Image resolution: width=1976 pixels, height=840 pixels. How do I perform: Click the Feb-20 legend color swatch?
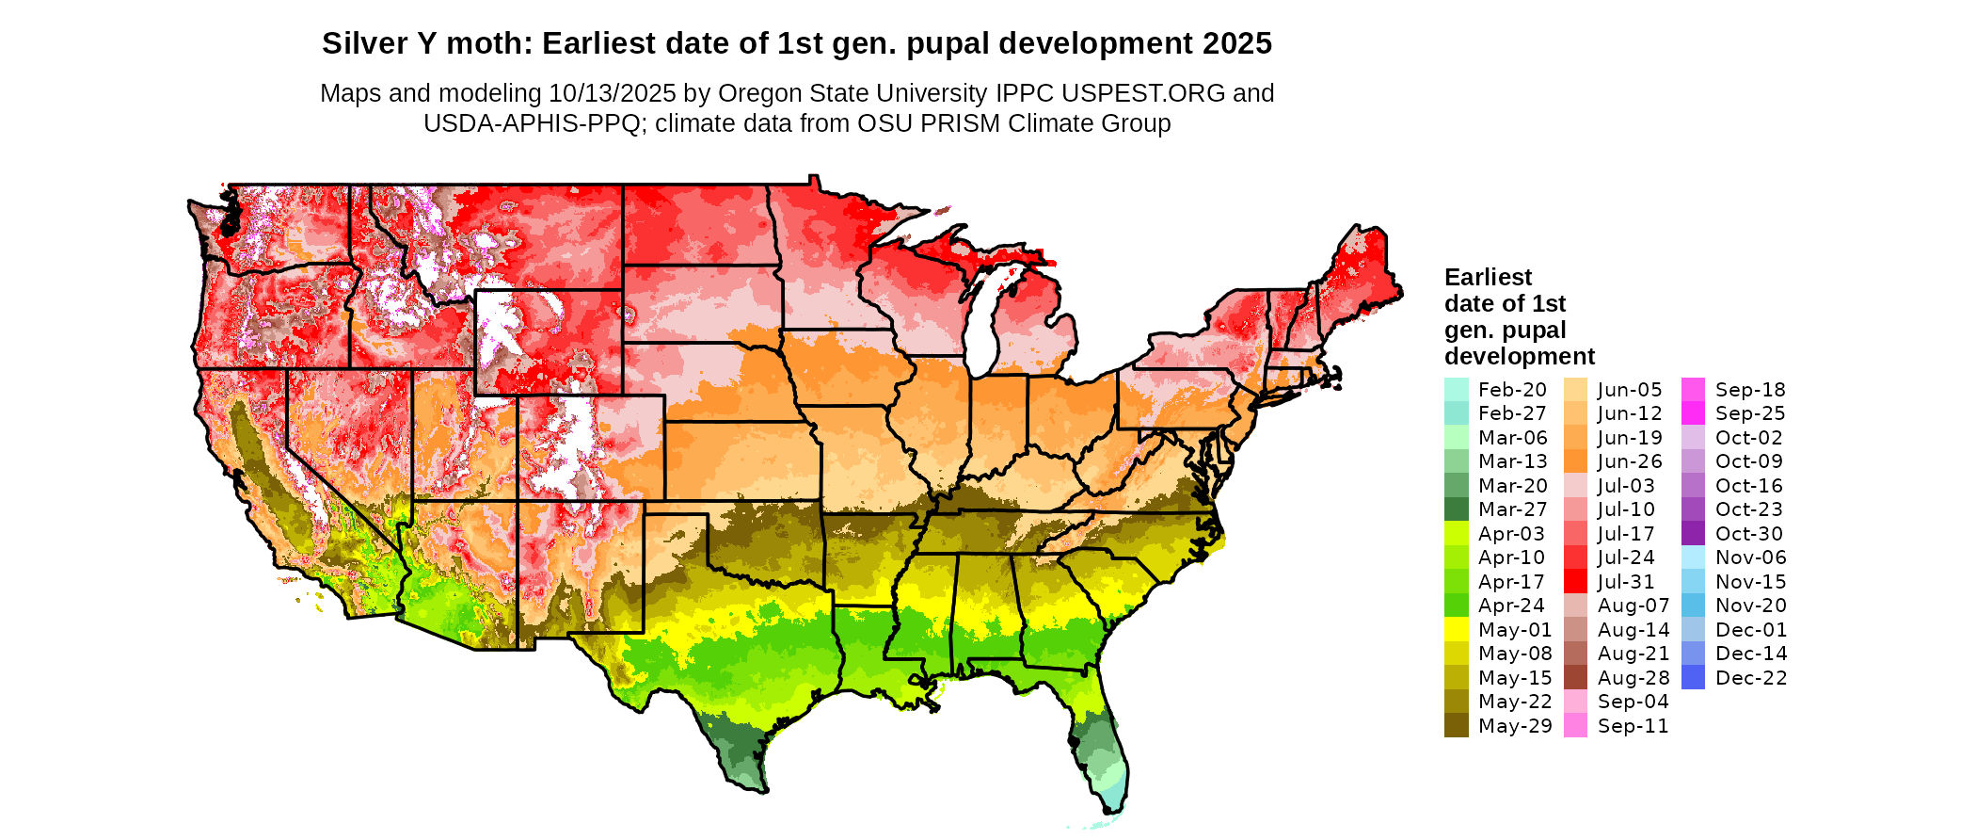tap(1456, 390)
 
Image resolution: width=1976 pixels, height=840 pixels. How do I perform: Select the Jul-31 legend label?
tap(1625, 582)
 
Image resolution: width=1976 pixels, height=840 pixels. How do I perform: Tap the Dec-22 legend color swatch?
tap(1693, 678)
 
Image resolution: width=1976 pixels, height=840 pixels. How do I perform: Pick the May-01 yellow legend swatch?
tap(1456, 630)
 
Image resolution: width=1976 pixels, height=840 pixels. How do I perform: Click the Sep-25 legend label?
tap(1749, 413)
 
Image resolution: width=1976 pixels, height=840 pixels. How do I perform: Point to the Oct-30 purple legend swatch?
tap(1693, 534)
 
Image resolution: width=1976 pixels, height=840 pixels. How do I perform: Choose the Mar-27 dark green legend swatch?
tap(1456, 509)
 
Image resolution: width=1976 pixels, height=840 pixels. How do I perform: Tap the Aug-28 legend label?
tap(1633, 678)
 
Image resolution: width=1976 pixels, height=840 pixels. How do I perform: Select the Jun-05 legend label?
tap(1630, 390)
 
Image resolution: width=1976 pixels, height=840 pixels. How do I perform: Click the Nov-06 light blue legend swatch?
tap(1693, 557)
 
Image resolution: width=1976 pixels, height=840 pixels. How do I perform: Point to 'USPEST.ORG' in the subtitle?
tap(1143, 93)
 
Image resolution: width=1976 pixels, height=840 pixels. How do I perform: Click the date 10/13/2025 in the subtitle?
tap(612, 93)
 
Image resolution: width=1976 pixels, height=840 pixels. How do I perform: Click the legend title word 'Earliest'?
tap(1488, 278)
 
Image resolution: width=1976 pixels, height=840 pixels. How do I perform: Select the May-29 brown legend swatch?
tap(1456, 726)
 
